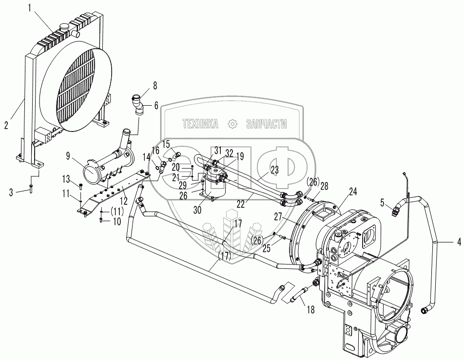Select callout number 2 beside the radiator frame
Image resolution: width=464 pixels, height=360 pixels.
point(6,125)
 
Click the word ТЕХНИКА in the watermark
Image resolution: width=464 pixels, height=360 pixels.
point(200,125)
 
